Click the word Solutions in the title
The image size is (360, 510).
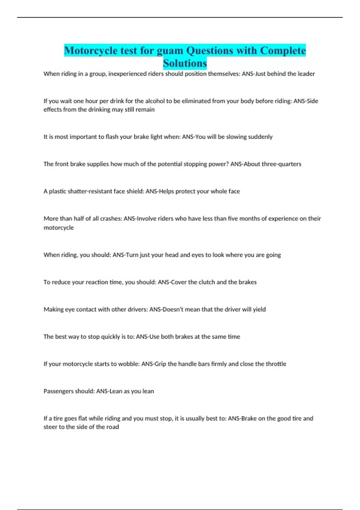[185, 63]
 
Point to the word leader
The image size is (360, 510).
[306, 74]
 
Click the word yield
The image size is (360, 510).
[259, 309]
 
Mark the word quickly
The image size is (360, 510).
[110, 337]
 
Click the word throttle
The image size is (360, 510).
[275, 364]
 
